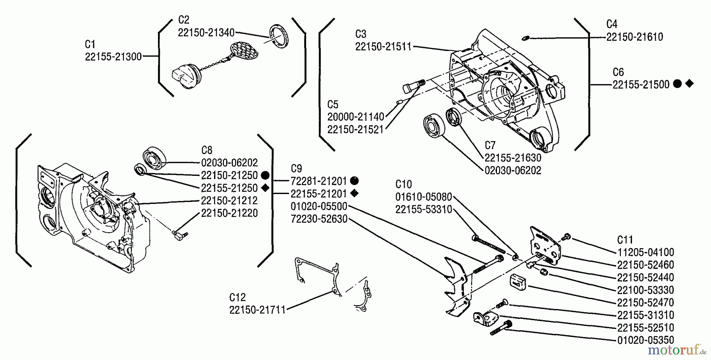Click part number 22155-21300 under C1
coord(113,57)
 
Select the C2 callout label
coord(184,20)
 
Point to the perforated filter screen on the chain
coord(241,49)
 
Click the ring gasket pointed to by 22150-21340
coord(279,36)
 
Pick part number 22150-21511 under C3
coord(383,47)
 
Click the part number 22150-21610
coord(634,37)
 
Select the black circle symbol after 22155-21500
coord(677,84)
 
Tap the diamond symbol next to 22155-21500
coord(689,83)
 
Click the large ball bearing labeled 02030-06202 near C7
coord(434,125)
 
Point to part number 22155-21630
coord(513,158)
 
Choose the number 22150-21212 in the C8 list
coord(229,200)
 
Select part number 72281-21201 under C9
coord(318,181)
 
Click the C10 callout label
coord(403,184)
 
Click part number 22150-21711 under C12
coord(257,310)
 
